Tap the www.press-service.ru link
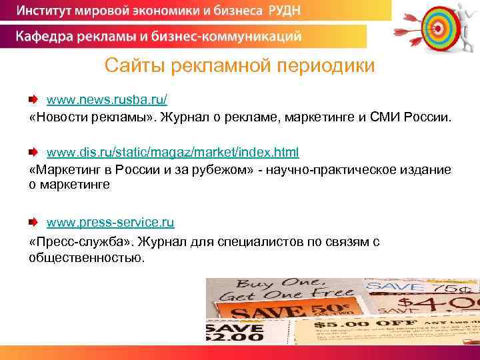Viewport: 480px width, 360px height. tap(109, 221)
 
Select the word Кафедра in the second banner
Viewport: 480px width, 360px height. tap(47, 35)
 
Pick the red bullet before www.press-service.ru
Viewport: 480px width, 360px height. tap(33, 221)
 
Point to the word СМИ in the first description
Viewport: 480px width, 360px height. tap(376, 117)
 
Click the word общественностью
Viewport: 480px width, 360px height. tap(86, 257)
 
